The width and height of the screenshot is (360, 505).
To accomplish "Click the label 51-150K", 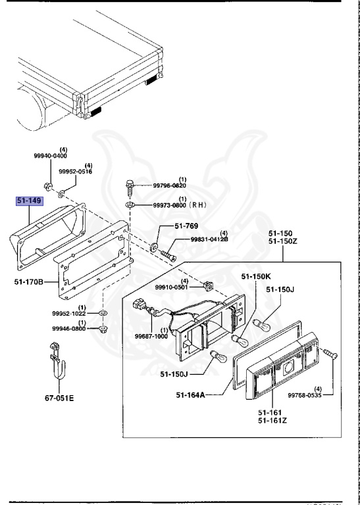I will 256,276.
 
